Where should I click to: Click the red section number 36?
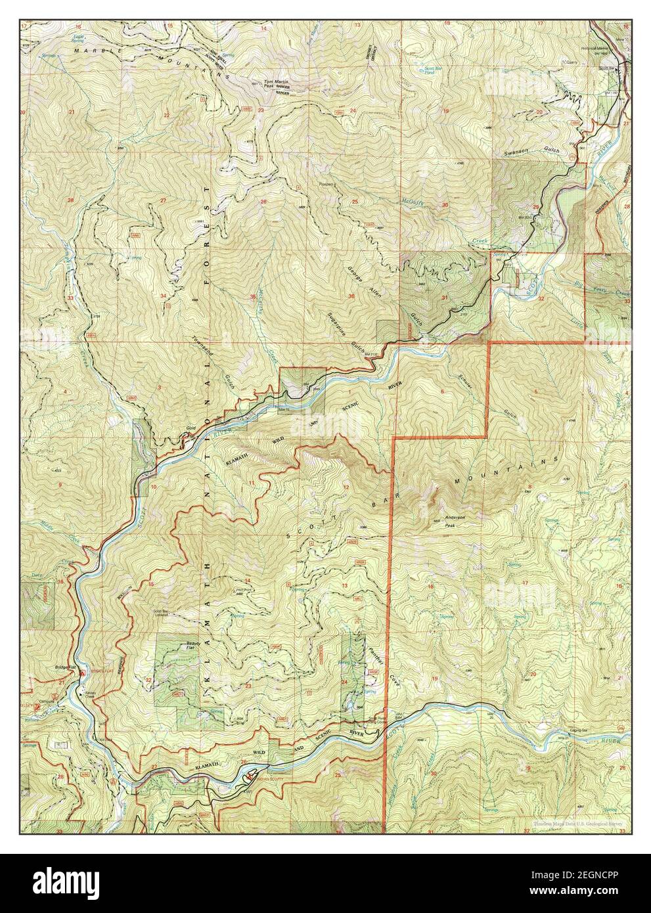pyautogui.click(x=352, y=296)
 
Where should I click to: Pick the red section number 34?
pyautogui.click(x=162, y=296)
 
